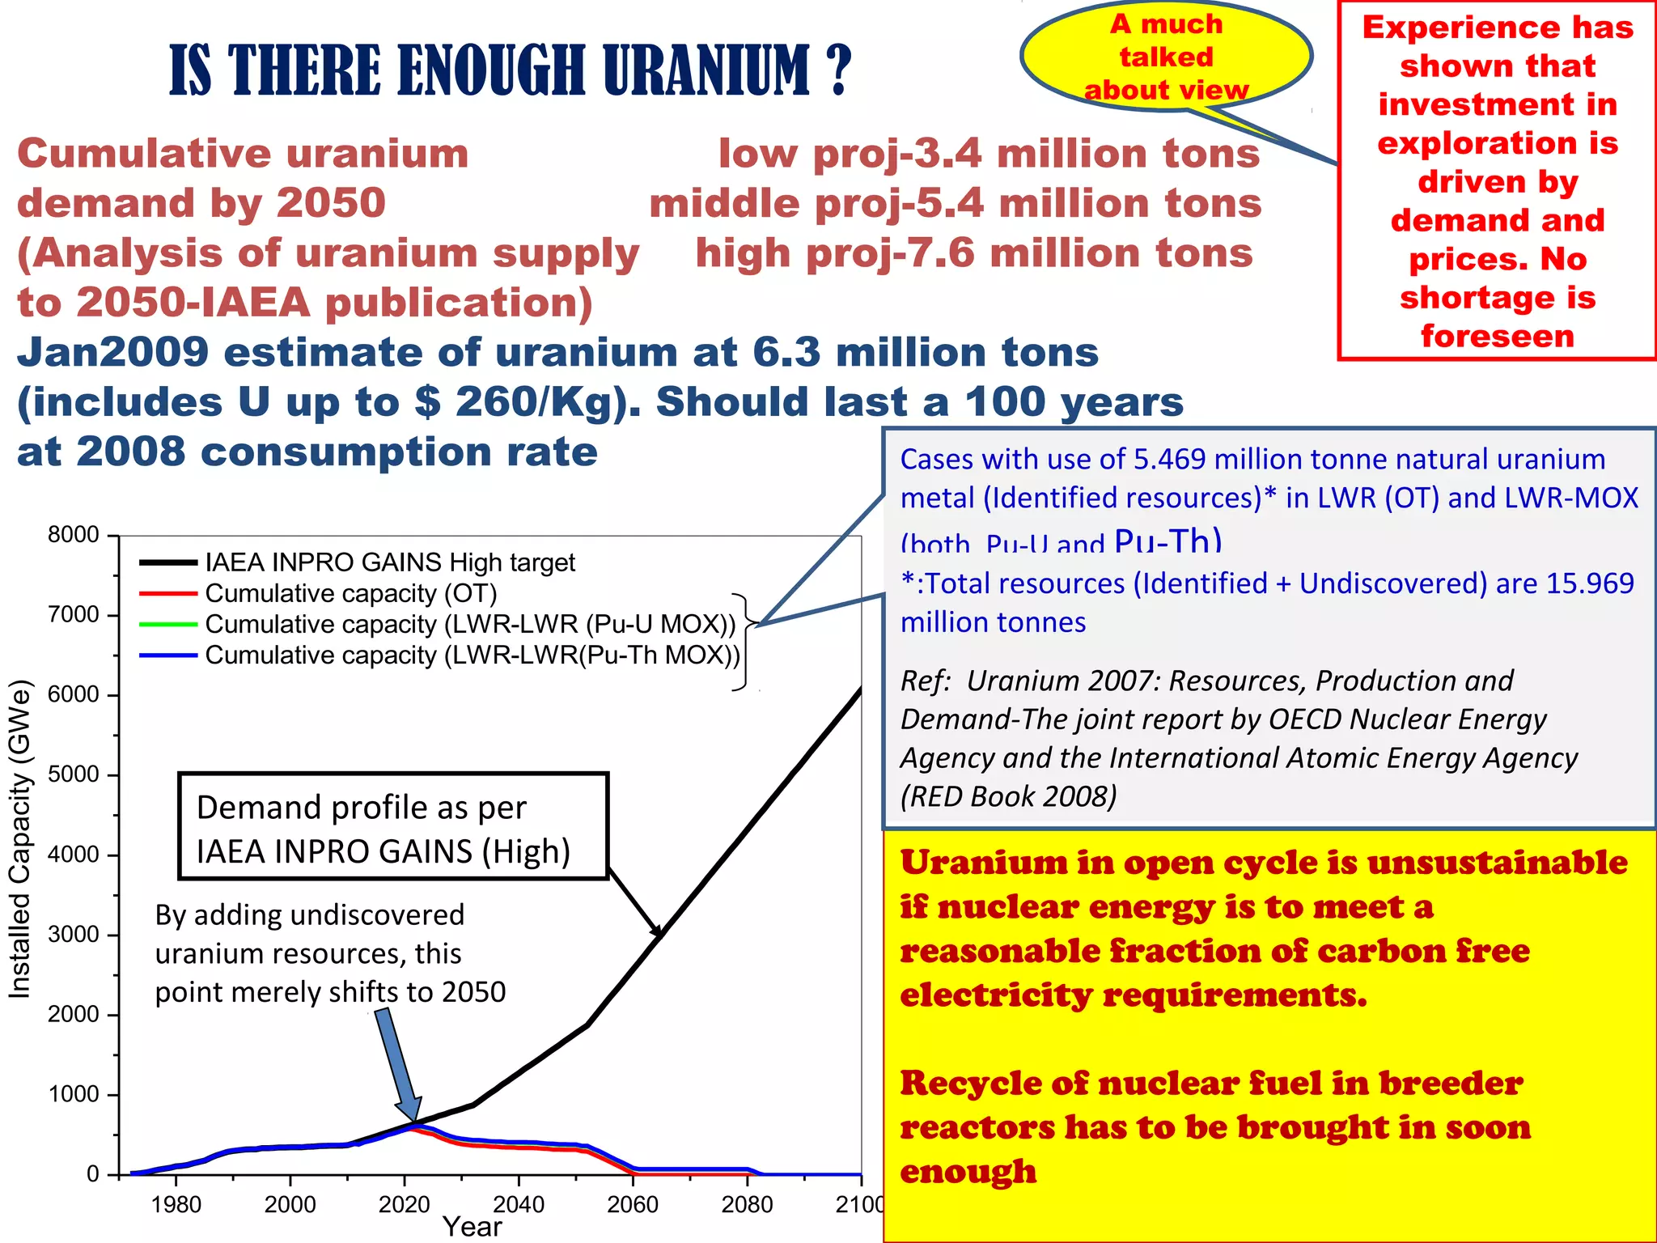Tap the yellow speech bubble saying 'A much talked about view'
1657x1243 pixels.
[1166, 57]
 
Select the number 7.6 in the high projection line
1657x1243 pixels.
[940, 253]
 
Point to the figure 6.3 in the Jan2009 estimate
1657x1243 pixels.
[786, 353]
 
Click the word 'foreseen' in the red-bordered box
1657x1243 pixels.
[1498, 336]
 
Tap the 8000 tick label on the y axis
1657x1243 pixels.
[74, 535]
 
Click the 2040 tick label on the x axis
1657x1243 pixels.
[519, 1204]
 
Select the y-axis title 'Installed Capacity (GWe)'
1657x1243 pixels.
[19, 838]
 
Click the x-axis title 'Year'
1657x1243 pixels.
[473, 1227]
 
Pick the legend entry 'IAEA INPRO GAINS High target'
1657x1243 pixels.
[390, 562]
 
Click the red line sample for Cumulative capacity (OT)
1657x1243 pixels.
[168, 593]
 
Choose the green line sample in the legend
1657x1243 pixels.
[168, 624]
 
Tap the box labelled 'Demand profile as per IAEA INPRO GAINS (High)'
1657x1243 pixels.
[393, 826]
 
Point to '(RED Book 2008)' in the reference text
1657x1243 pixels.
[1008, 796]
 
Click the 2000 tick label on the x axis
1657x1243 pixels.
[290, 1204]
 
